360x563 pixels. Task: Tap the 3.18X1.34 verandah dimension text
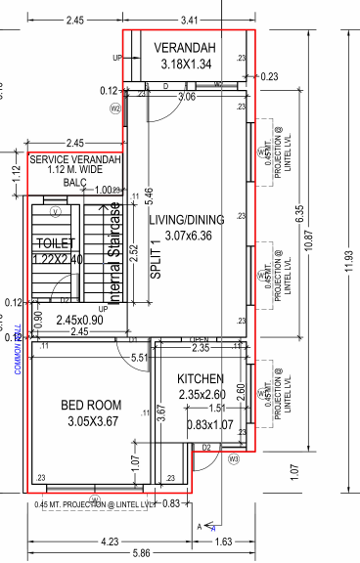pos(186,64)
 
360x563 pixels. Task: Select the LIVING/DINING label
pos(186,220)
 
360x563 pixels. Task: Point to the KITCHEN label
pos(202,378)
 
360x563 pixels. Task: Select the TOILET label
pos(54,242)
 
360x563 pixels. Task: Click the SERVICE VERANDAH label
pos(75,159)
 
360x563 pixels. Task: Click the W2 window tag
pos(114,108)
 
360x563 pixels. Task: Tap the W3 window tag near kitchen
pos(233,457)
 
